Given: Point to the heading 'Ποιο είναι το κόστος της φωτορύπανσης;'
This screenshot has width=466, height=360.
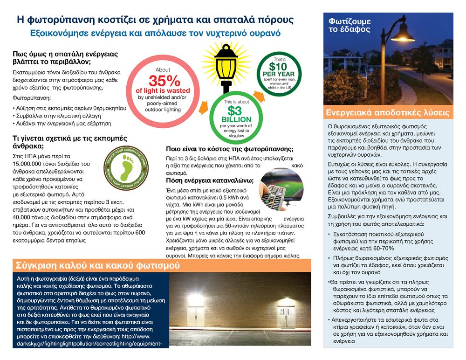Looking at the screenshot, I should (x=230, y=149).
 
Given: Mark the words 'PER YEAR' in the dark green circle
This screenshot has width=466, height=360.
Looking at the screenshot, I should (x=279, y=74).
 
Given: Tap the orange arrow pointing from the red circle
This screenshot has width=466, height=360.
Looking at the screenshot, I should (x=202, y=109).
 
